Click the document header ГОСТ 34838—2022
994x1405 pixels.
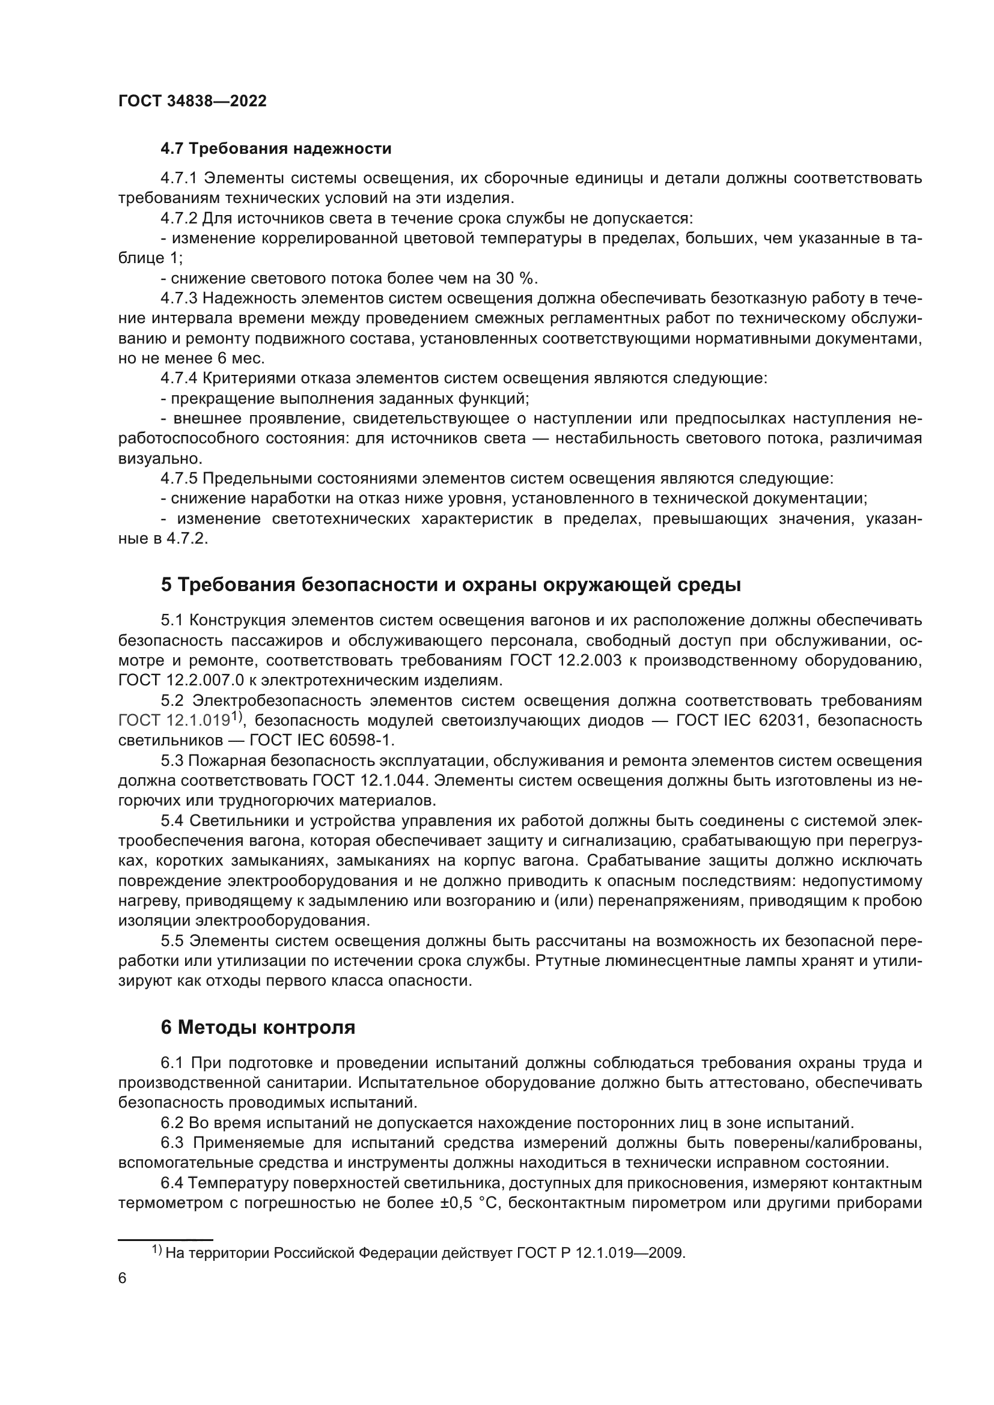192,102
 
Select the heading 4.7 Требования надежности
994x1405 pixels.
275,149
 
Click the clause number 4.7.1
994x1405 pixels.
178,178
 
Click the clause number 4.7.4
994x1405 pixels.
178,379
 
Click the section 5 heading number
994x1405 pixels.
166,585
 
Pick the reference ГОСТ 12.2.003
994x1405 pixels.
566,660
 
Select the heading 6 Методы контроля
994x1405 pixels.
258,1027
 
